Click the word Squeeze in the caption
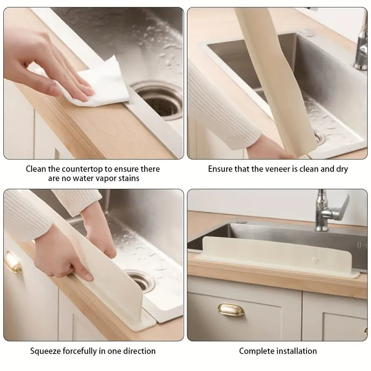pos(45,351)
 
